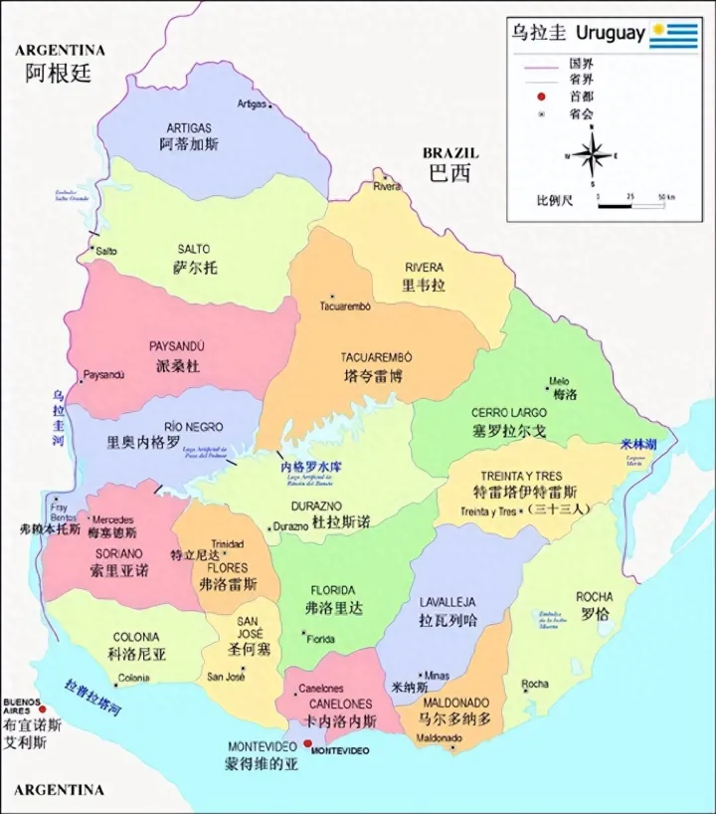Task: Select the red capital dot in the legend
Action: pyautogui.click(x=541, y=96)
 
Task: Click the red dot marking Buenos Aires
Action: pyautogui.click(x=42, y=710)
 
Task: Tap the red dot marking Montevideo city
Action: pyautogui.click(x=308, y=743)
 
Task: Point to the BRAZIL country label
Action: pyautogui.click(x=449, y=153)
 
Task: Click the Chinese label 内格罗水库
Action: pyautogui.click(x=309, y=466)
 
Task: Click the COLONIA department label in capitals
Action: pyautogui.click(x=135, y=637)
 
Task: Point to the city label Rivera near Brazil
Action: pyautogui.click(x=387, y=186)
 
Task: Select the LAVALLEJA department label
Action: pyautogui.click(x=447, y=602)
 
